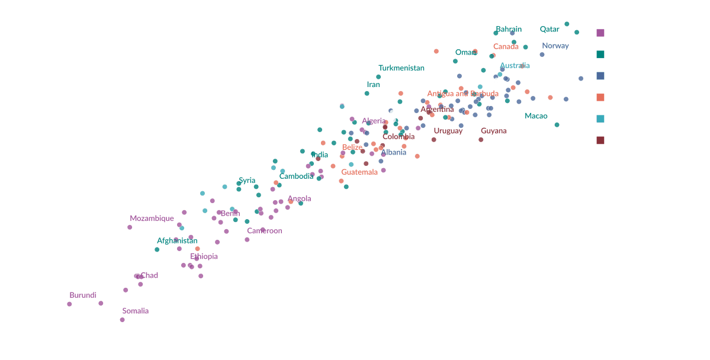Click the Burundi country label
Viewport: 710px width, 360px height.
(83, 295)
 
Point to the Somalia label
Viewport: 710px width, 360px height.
(136, 311)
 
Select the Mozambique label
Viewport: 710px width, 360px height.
(152, 218)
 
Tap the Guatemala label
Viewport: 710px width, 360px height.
(359, 172)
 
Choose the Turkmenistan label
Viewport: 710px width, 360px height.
(401, 68)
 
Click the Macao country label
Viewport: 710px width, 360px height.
(536, 116)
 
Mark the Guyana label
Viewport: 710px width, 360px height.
(494, 131)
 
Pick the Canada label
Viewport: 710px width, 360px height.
(506, 46)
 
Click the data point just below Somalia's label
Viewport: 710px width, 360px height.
(122, 320)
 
